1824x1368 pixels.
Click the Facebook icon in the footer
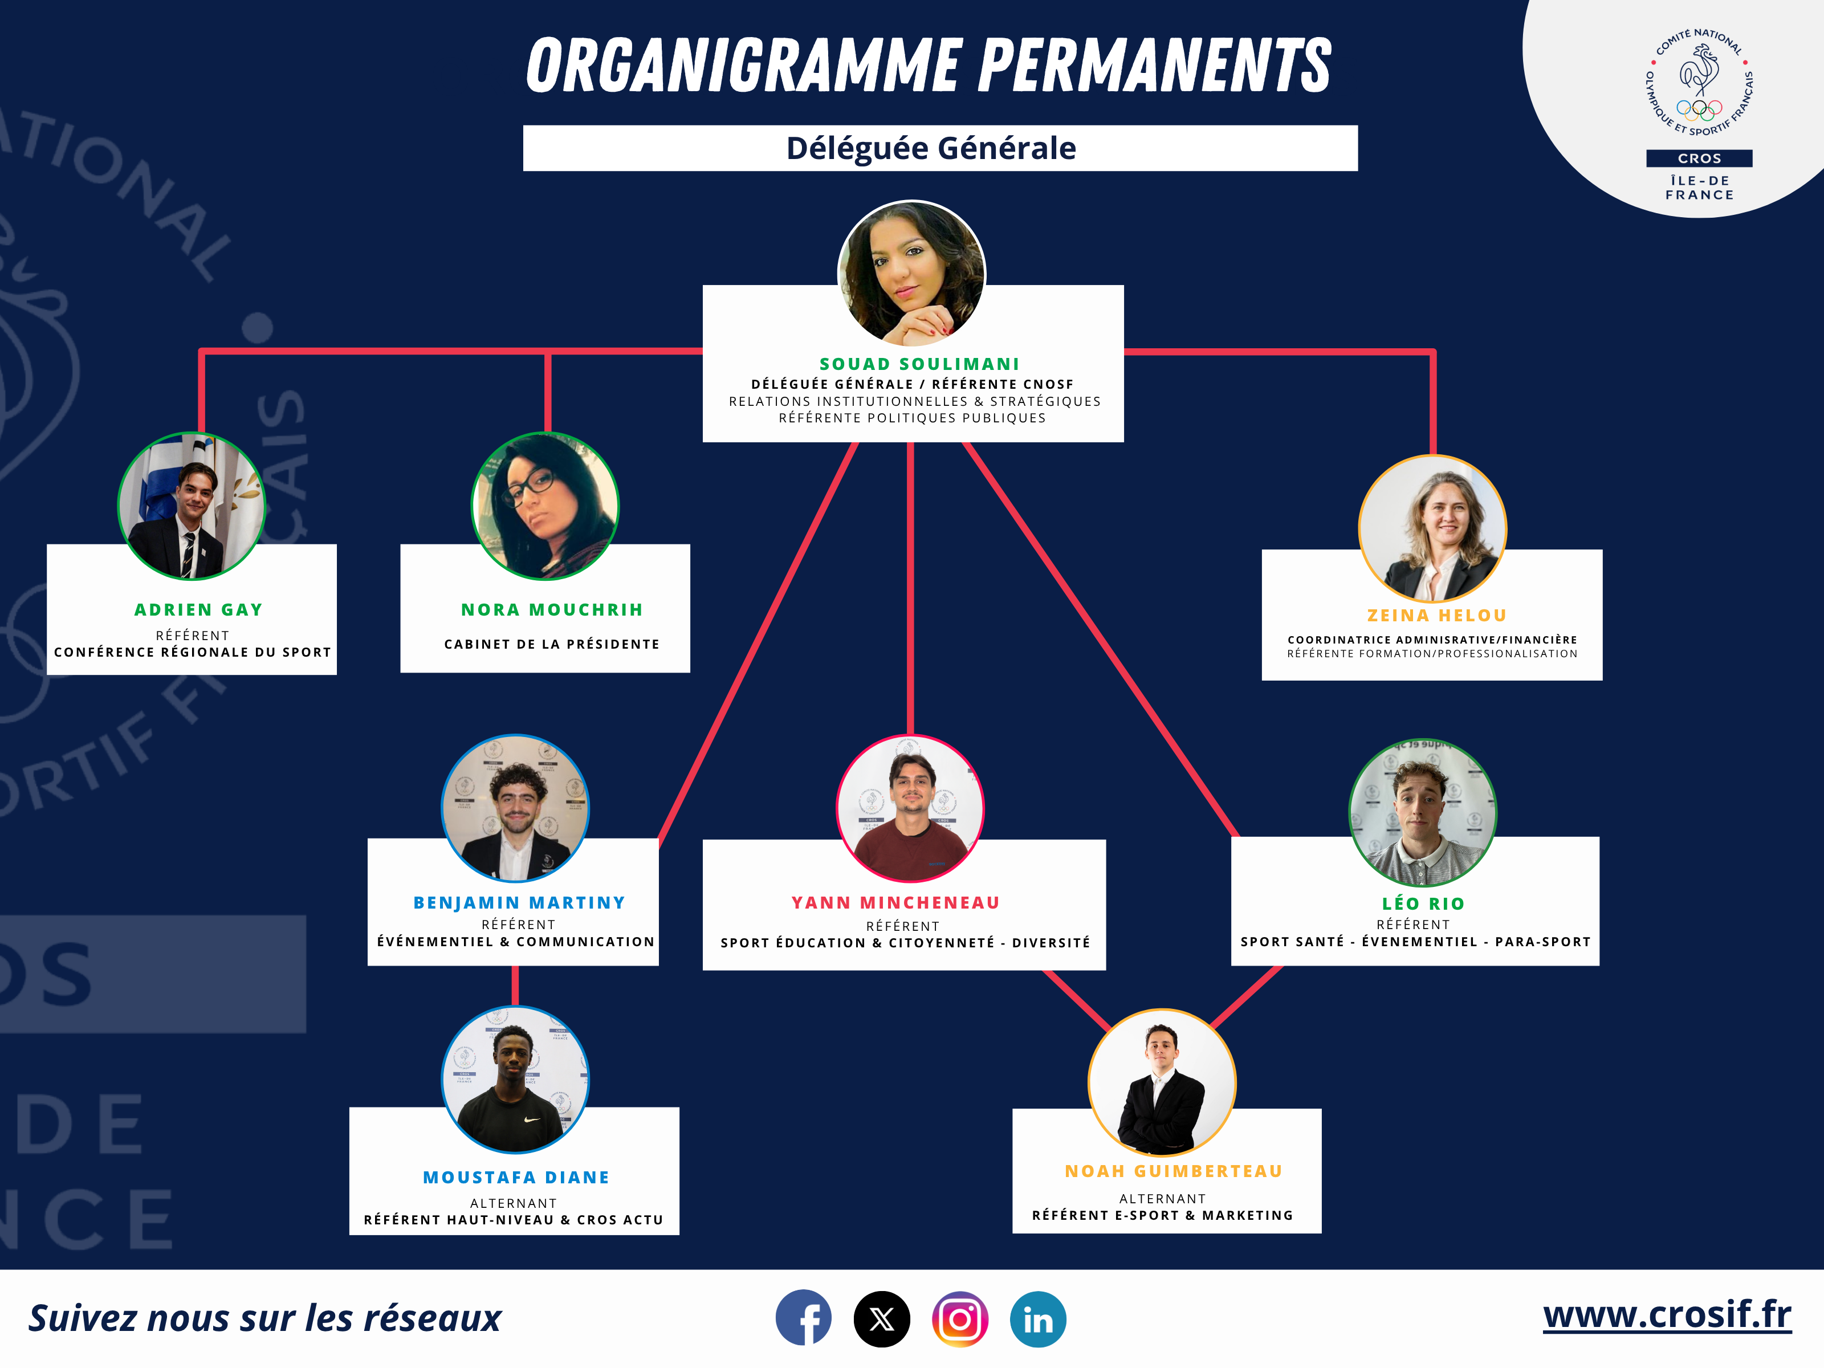803,1318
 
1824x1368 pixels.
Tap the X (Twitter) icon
881,1318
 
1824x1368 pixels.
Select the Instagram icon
960,1318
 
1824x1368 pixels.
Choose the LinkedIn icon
1037,1318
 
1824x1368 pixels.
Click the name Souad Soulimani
919,364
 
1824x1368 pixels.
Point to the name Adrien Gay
198,609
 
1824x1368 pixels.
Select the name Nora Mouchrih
552,609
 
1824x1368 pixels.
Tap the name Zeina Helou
1436,615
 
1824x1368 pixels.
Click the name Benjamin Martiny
519,902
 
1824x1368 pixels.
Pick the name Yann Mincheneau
895,902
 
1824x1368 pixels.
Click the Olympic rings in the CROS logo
1700,108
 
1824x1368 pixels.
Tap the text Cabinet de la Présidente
552,644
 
